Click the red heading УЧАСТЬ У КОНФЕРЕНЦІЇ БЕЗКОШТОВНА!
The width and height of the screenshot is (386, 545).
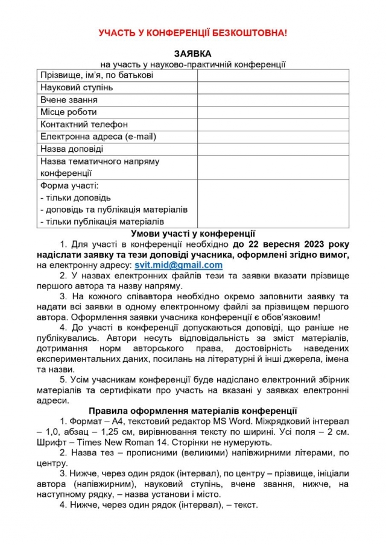click(x=193, y=33)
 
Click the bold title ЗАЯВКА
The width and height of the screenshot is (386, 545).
click(x=192, y=54)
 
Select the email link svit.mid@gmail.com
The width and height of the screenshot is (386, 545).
click(x=179, y=265)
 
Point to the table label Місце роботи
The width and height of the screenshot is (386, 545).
click(x=68, y=112)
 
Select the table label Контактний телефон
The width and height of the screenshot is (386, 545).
click(x=84, y=125)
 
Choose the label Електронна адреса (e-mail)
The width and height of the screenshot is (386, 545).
click(x=98, y=137)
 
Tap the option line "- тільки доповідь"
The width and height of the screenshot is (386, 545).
click(x=75, y=198)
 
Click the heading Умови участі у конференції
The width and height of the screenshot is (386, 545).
click(x=193, y=233)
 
